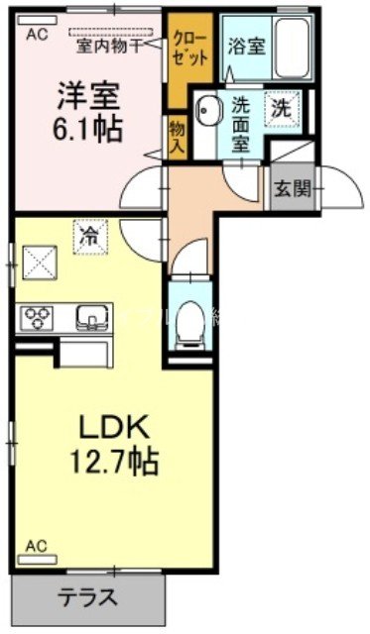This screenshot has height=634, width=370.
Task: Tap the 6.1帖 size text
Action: coord(86,129)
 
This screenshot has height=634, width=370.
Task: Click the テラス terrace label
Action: coord(87,597)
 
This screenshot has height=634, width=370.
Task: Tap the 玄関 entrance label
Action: coord(291,188)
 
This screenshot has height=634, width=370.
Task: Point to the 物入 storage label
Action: coord(177,135)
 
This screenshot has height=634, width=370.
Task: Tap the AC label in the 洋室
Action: coord(37,34)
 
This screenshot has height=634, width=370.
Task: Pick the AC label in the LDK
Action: coord(36,544)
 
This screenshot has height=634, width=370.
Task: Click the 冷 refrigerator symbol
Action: coord(89,237)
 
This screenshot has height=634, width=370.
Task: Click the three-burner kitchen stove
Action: coord(39,317)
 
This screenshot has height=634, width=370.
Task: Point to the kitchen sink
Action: coord(91,317)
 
